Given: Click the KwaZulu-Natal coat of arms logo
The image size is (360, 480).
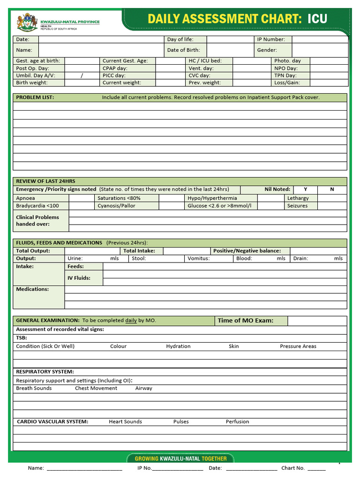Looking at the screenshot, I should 26,22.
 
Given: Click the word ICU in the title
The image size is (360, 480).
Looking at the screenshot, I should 317,19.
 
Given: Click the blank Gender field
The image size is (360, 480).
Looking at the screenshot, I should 319,50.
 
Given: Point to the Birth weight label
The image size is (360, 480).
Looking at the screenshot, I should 32,82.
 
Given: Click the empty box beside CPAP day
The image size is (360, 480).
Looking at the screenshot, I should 170,68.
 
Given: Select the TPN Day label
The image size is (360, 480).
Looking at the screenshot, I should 285,75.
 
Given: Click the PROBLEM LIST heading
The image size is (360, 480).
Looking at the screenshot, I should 35,97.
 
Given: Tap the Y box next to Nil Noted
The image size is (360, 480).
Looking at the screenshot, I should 305,189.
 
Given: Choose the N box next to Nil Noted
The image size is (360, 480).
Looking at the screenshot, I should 332,189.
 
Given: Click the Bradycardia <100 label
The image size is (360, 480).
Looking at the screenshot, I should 37,206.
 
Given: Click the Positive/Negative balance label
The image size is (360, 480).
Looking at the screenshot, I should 247,251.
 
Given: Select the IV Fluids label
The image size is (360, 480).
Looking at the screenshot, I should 79,278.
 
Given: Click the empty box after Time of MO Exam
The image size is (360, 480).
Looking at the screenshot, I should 317,321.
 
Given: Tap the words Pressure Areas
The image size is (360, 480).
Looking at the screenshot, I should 298,346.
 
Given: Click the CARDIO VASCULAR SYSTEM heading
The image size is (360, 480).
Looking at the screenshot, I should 52,421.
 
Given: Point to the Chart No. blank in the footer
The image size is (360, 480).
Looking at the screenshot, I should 316,468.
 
